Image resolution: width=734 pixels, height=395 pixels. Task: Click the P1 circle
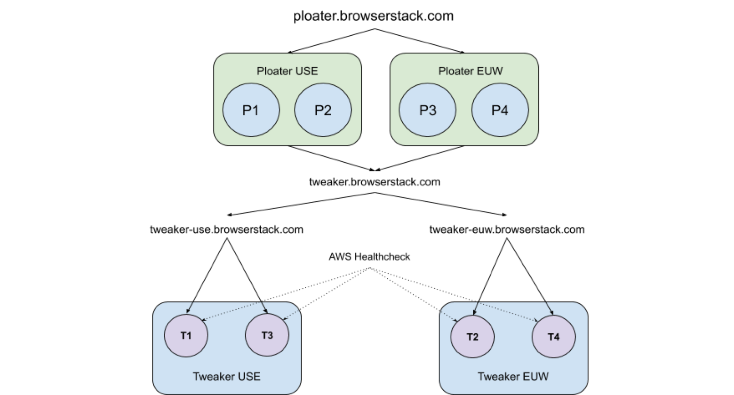(x=251, y=110)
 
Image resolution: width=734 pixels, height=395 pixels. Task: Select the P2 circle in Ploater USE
(x=323, y=110)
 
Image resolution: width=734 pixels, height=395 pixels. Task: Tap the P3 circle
(x=427, y=110)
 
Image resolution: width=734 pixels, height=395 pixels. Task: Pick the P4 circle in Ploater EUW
(x=500, y=110)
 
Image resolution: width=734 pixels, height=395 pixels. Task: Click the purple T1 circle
(x=186, y=336)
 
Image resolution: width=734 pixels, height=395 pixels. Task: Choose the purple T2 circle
(x=472, y=337)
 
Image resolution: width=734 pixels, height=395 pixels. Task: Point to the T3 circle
(x=267, y=336)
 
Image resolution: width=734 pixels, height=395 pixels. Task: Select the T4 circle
(x=553, y=337)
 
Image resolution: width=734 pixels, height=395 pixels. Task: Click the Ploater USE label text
(x=287, y=71)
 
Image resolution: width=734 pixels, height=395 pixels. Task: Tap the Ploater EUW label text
(x=471, y=71)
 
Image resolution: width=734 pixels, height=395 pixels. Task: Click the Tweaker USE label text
(x=226, y=377)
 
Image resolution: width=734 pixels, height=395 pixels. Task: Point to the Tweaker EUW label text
(x=513, y=377)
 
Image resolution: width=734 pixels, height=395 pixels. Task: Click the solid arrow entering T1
(x=190, y=308)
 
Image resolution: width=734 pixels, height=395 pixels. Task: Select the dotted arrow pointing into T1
(x=231, y=312)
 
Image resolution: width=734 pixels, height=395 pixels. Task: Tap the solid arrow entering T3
(x=264, y=308)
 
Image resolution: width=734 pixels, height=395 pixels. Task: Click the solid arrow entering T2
(x=476, y=308)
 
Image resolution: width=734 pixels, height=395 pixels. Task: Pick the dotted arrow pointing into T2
(x=449, y=316)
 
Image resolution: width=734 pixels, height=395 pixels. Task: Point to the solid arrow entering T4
(x=549, y=309)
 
